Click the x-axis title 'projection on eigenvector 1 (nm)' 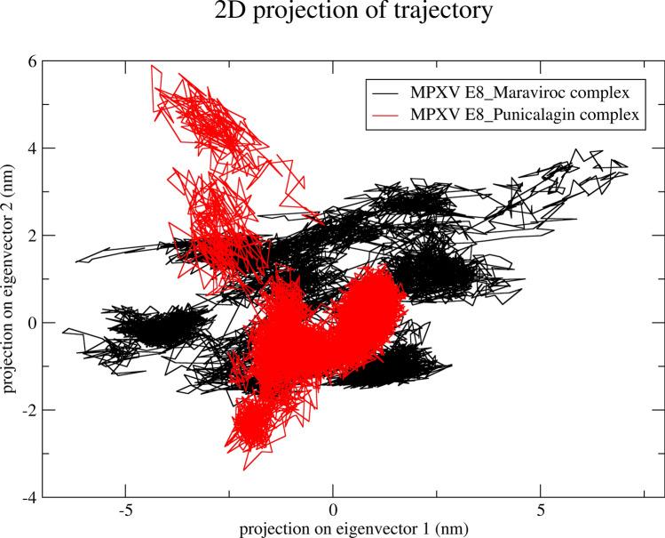point(333,527)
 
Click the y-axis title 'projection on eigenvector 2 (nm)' point(10,278)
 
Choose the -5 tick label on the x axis point(124,511)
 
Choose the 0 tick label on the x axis point(333,511)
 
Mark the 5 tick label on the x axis point(541,511)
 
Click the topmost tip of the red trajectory point(154,65)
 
